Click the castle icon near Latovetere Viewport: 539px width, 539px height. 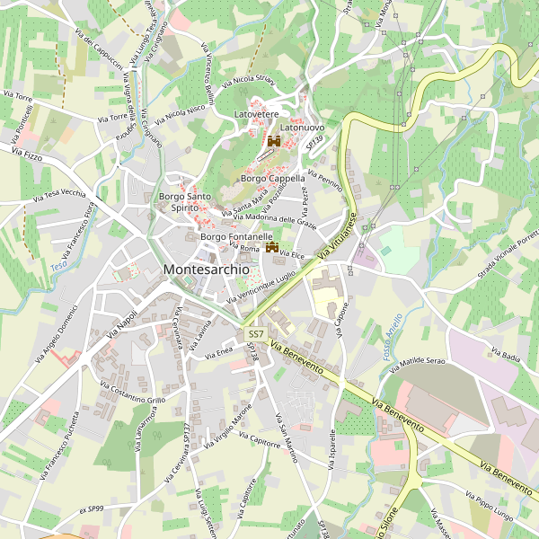tap(274, 141)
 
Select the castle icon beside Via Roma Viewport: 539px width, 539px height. tap(270, 248)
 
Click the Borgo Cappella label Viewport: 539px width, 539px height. tap(273, 179)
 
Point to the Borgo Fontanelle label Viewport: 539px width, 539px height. tap(236, 236)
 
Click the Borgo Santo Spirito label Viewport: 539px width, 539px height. tap(184, 202)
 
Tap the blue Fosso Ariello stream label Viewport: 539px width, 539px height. tap(392, 338)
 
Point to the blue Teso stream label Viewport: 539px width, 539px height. tap(59, 266)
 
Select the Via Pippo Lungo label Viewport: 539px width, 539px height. tap(490, 505)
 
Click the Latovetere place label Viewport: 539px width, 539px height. tap(257, 116)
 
